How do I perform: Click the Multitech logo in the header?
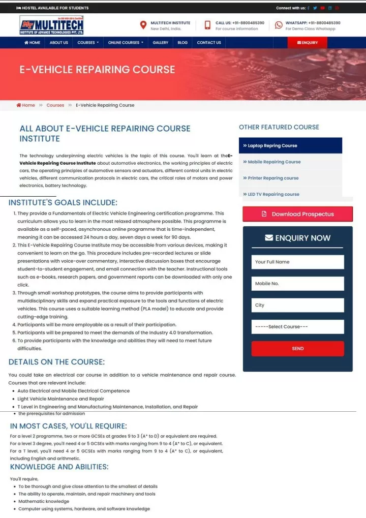coord(51,25)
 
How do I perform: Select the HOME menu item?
coord(32,43)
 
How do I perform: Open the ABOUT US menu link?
coord(59,43)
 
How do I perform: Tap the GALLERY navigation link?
coord(160,43)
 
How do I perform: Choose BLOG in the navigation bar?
coord(182,43)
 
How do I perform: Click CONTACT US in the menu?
coord(209,43)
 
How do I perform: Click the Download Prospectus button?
coord(297,214)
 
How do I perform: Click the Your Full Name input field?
coord(297,262)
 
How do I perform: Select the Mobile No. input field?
coord(297,284)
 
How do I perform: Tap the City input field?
coord(297,305)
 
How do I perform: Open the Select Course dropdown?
coord(297,327)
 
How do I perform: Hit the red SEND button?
coord(297,349)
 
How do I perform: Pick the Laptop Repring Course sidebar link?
coord(272,145)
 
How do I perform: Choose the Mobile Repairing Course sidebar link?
coord(274,162)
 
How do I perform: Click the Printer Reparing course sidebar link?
coord(273,178)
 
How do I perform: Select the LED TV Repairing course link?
coord(273,194)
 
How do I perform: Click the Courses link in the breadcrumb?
coord(55,105)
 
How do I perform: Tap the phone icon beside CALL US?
coord(207,25)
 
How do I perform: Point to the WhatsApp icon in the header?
coord(279,25)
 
